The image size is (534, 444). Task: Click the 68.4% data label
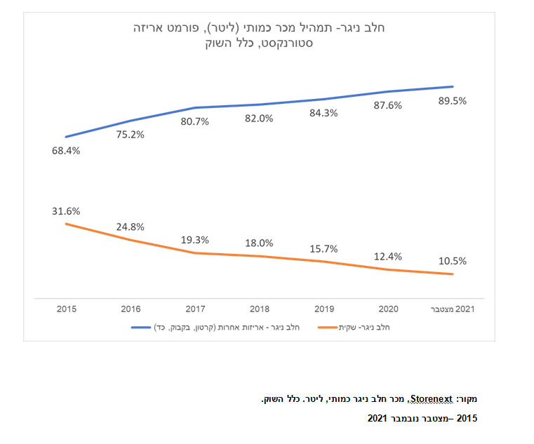(65, 151)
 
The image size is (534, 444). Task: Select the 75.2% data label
(130, 135)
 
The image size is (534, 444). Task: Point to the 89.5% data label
(452, 101)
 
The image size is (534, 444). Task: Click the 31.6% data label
(65, 210)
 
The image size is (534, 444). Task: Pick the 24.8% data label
(130, 227)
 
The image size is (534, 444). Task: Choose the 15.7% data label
(323, 248)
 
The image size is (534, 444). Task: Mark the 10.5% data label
(452, 261)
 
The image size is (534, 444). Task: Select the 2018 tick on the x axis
(259, 309)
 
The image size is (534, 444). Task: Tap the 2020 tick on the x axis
(387, 309)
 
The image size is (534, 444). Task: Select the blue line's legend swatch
(142, 328)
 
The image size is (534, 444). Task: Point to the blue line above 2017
(194, 108)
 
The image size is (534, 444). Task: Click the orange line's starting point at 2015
(65, 224)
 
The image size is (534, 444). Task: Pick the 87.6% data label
(387, 105)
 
